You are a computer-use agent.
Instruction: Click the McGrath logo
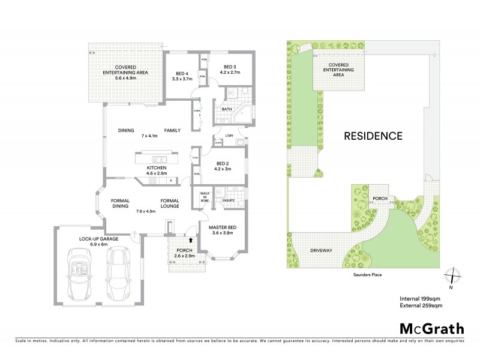click(431, 328)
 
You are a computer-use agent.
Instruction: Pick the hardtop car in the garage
click(118, 272)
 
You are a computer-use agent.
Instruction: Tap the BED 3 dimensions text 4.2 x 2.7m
click(230, 73)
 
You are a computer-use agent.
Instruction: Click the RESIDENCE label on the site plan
click(373, 136)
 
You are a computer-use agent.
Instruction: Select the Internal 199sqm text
click(420, 298)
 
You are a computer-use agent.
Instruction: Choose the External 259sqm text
click(421, 306)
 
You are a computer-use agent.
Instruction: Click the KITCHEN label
click(157, 168)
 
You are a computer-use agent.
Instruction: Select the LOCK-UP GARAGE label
click(97, 239)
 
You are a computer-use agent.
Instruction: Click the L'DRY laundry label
click(229, 136)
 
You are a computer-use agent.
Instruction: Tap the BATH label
click(227, 109)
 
